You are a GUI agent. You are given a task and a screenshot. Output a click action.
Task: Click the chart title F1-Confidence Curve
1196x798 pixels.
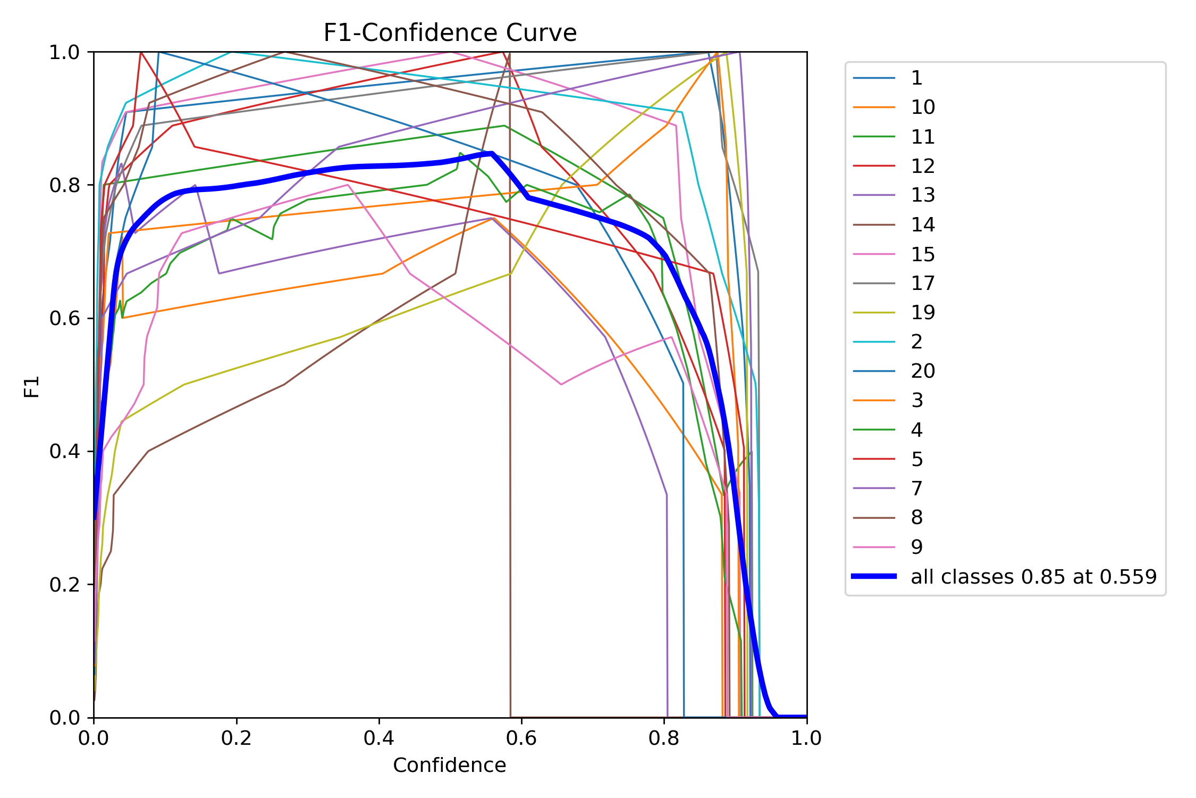point(450,33)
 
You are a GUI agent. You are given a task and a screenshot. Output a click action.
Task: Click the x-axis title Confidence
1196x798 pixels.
point(449,765)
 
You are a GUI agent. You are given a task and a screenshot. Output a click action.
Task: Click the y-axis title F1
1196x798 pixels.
point(32,386)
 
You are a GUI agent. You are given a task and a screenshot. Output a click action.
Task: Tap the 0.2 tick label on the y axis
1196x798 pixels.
point(64,585)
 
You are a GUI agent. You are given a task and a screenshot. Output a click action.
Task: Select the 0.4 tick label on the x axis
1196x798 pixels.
point(379,738)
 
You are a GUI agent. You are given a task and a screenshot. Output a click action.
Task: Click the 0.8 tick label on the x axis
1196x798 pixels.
point(664,738)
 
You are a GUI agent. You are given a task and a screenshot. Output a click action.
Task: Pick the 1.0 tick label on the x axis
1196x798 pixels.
point(806,738)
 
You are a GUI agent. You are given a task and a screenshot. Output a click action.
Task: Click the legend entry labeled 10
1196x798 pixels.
point(923,107)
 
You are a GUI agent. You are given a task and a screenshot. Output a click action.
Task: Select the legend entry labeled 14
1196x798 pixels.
point(923,225)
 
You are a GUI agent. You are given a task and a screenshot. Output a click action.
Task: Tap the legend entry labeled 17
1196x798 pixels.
point(923,284)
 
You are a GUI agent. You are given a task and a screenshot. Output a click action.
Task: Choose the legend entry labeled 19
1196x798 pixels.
point(923,312)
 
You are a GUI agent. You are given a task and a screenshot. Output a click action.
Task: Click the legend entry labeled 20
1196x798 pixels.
point(923,371)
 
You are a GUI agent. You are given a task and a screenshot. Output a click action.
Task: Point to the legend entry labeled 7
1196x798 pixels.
point(917,488)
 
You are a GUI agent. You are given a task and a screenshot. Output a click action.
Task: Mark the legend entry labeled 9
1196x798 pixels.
point(917,547)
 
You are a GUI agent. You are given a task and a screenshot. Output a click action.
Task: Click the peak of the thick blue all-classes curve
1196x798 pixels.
point(492,154)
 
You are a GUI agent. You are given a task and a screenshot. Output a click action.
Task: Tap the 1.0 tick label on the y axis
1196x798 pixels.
point(64,52)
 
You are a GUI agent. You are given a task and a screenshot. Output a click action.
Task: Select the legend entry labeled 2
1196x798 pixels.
point(917,342)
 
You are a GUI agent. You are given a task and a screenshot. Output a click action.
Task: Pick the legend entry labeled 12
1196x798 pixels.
point(923,166)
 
